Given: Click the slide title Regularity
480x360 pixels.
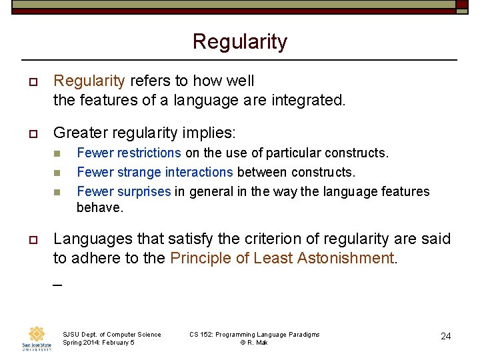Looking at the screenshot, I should (x=239, y=41).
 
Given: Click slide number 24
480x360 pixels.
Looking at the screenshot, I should (x=445, y=336).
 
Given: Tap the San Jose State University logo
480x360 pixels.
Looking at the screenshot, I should (x=37, y=338).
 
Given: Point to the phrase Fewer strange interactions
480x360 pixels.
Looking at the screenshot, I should (x=155, y=172).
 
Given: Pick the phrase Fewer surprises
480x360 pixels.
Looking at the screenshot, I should (x=124, y=191).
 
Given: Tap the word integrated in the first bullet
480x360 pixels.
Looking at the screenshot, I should (x=309, y=101).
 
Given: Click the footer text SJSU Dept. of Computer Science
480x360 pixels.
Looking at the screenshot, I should (x=111, y=334).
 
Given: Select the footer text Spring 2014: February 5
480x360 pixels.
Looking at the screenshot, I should (x=98, y=342).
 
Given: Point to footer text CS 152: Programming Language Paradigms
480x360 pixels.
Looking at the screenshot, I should (x=254, y=334).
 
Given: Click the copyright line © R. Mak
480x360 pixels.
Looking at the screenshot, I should (x=254, y=342).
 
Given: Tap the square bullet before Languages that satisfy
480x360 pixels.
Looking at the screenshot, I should (x=33, y=239).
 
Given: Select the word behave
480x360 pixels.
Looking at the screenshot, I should (x=100, y=207).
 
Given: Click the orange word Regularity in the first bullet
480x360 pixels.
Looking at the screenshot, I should (x=89, y=81).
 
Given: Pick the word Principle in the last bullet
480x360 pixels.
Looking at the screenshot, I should (x=197, y=258).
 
